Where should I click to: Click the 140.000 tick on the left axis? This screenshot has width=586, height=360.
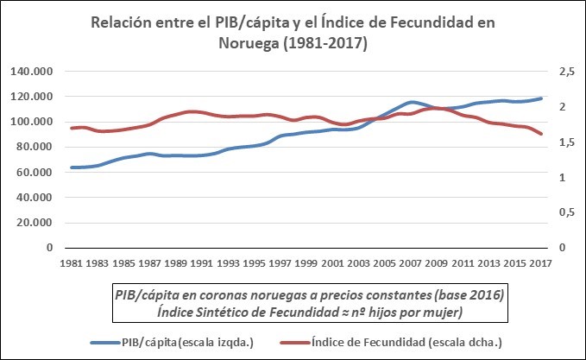click(x=30, y=72)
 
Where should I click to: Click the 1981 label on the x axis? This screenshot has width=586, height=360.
click(x=71, y=262)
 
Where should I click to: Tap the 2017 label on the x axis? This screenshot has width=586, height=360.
click(x=542, y=262)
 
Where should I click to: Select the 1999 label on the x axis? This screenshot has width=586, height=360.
click(x=306, y=262)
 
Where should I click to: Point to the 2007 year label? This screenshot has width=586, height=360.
click(x=411, y=262)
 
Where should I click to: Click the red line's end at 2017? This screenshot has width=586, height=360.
click(x=542, y=134)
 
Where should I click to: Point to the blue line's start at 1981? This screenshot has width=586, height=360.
click(x=72, y=167)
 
